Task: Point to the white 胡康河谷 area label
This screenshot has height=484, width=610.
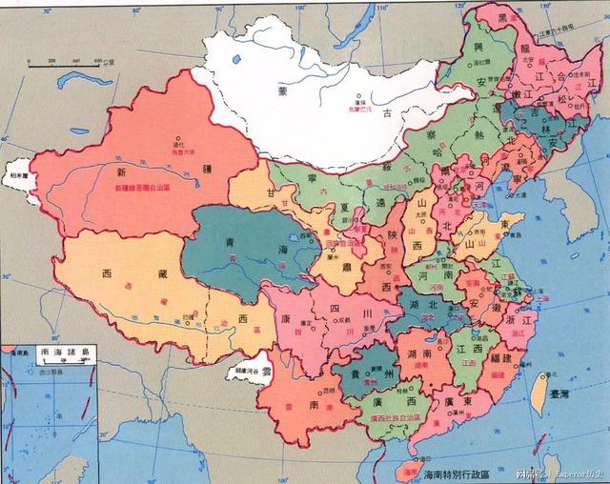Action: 246,370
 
